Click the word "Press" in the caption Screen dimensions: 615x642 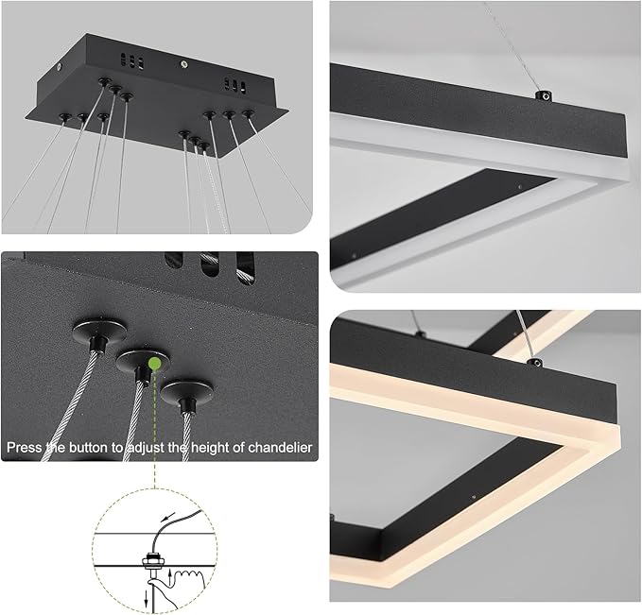tap(26, 446)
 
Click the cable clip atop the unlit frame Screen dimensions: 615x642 tap(544, 94)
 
